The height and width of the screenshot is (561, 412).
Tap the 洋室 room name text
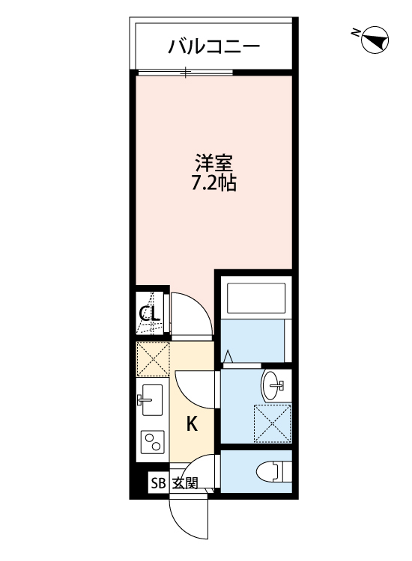tap(214, 162)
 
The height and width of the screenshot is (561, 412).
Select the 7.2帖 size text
tap(214, 183)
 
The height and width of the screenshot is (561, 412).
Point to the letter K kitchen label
tap(192, 425)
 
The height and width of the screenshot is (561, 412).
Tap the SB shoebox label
tap(158, 482)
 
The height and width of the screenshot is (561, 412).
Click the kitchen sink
tap(152, 402)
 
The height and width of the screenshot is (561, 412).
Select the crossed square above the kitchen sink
tap(154, 360)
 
